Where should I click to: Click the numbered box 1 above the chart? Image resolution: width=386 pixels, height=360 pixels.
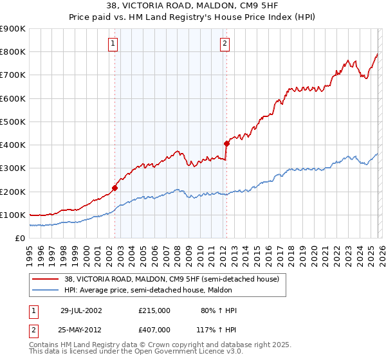[x=113, y=44]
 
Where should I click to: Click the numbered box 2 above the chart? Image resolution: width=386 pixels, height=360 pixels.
[x=225, y=44]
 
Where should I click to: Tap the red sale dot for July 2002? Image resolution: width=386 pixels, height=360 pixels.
[x=115, y=188]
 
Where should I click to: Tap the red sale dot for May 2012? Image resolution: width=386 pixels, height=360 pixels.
[x=226, y=143]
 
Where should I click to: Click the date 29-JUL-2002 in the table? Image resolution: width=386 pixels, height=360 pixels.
[x=81, y=310]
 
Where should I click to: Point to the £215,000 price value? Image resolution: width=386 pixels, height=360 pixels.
[x=154, y=310]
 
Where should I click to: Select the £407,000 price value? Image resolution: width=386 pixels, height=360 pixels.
[x=154, y=329]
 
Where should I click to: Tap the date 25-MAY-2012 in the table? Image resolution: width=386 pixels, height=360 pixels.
[x=81, y=329]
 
